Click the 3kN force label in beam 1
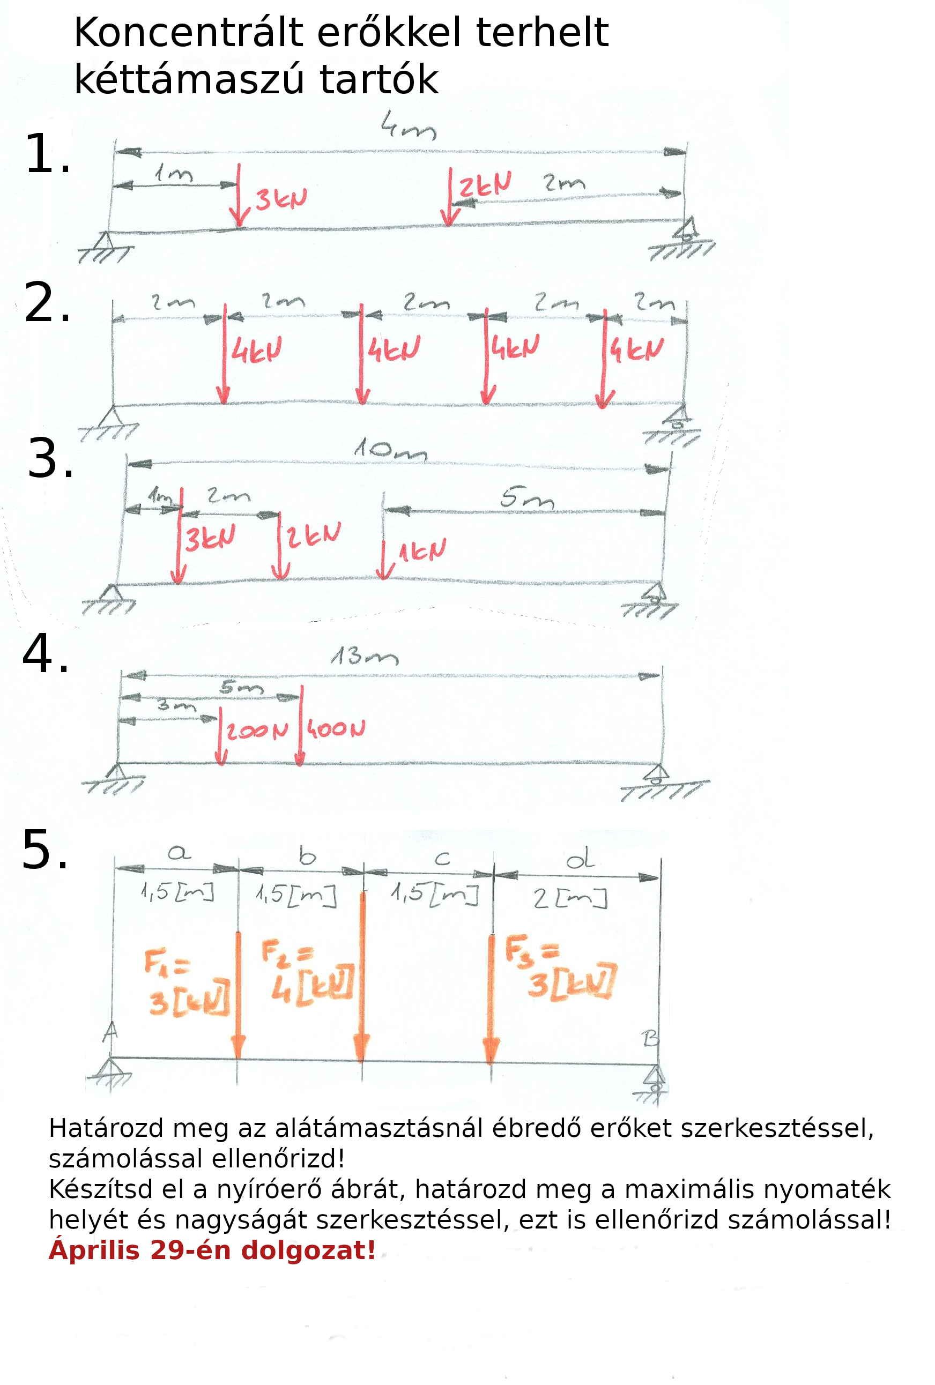(281, 199)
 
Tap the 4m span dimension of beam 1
(409, 126)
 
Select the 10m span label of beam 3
(391, 450)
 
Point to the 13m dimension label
(365, 656)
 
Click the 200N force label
(257, 731)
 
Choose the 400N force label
(336, 728)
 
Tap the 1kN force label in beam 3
(422, 550)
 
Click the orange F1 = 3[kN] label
(186, 984)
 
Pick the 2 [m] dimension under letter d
(570, 898)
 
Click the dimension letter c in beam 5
(442, 859)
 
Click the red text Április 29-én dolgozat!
(212, 1250)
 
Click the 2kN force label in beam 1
(485, 185)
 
